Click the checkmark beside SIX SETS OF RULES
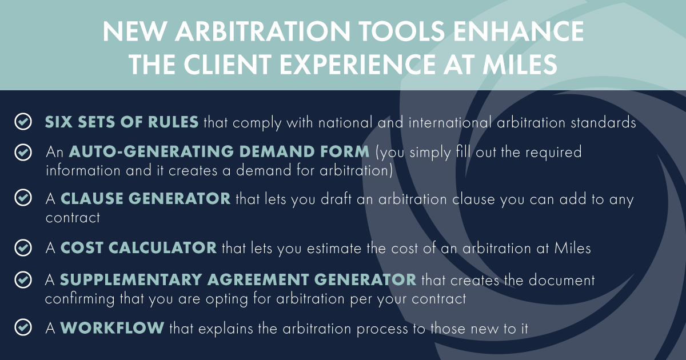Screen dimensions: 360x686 [23, 122]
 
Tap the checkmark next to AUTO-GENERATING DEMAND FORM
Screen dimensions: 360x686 [23, 153]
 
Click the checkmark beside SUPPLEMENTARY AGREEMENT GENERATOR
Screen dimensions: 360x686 [23, 280]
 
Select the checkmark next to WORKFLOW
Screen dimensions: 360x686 [23, 327]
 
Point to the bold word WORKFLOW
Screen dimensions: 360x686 [112, 327]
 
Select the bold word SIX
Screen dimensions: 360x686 [58, 122]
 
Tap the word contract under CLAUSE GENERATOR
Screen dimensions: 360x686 [73, 218]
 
